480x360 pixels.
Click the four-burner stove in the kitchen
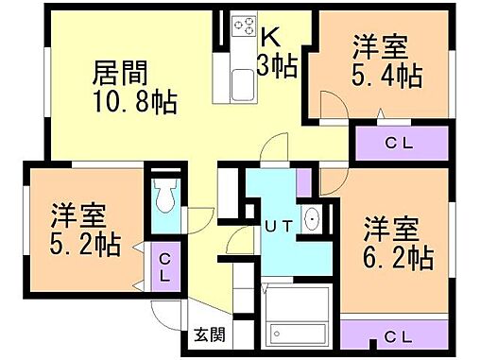243,24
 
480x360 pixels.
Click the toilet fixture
166,196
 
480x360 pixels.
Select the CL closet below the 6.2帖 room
396,335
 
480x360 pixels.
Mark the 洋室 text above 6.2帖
391,228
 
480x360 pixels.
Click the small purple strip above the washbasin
303,182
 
